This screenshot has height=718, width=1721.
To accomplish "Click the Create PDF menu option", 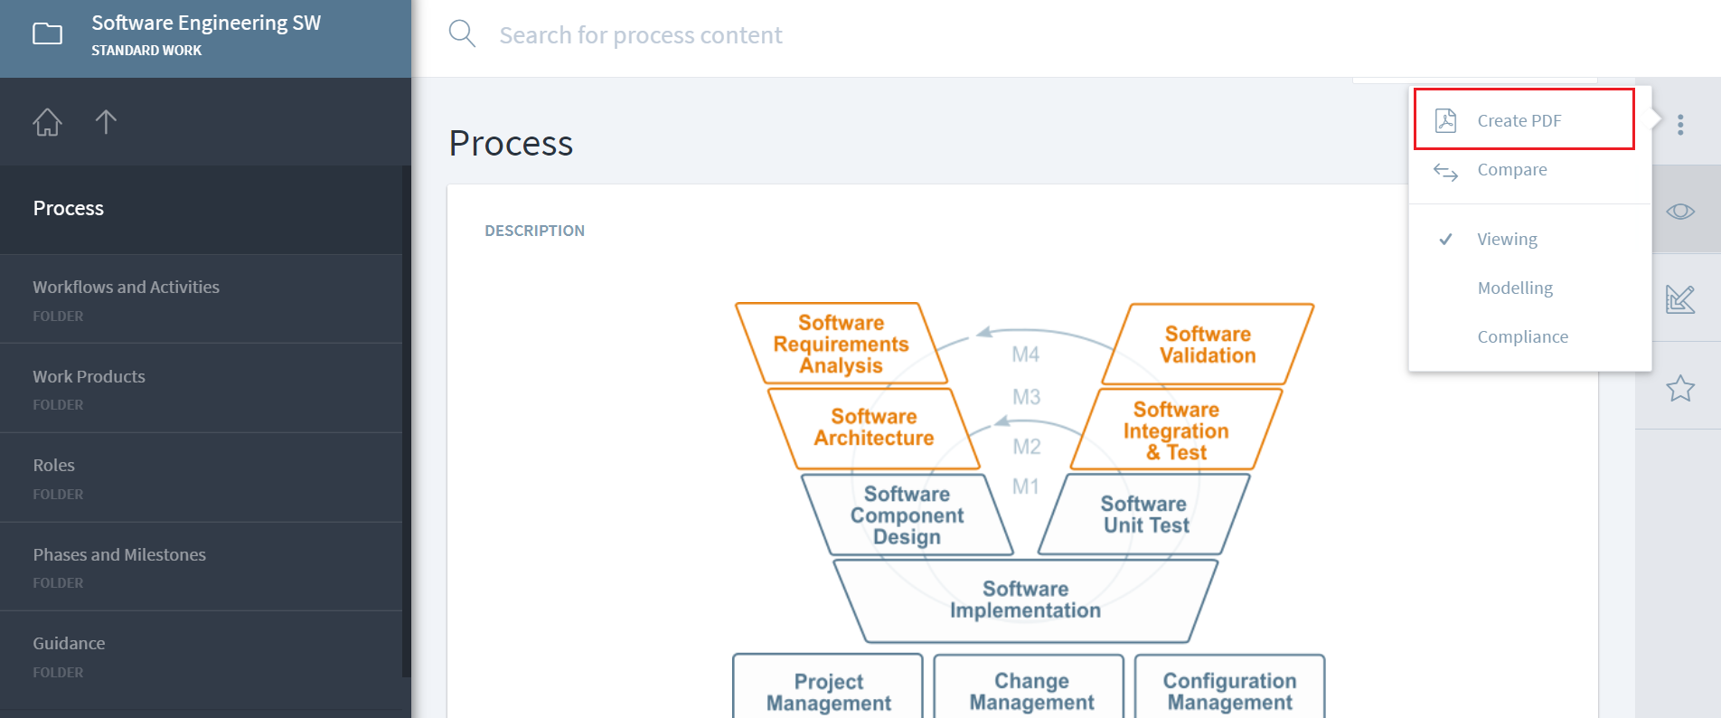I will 1519,120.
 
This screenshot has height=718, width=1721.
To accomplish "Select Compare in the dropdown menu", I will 1511,170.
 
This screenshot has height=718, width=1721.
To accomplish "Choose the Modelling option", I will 1515,288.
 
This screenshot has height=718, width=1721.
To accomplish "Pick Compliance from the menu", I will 1522,337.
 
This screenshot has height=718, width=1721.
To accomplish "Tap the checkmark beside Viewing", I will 1446,240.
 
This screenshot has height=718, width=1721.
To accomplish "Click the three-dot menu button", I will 1680,125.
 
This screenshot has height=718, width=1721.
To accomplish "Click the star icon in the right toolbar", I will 1680,389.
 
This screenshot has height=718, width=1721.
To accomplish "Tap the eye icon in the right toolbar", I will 1680,212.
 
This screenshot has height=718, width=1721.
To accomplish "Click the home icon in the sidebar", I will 48,122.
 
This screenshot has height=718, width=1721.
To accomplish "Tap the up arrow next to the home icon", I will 106,122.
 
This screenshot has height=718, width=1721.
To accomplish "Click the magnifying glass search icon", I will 462,34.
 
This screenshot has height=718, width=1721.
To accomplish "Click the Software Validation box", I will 1208,345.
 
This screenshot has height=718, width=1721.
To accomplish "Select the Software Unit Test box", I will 1145,515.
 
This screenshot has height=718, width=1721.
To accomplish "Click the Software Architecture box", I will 873,428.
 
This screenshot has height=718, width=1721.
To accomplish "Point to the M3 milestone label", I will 1026,397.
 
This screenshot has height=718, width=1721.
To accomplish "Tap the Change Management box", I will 1030,691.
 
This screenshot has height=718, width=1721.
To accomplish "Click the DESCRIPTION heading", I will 534,231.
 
